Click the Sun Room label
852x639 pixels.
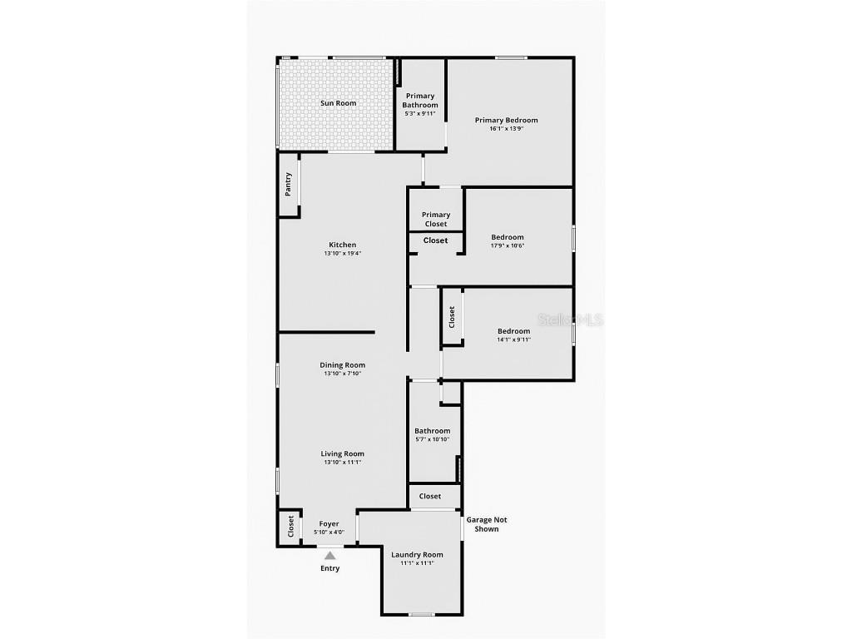338,103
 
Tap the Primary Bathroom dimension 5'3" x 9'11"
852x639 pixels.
420,114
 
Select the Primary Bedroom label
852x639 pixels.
507,120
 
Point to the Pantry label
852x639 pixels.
289,184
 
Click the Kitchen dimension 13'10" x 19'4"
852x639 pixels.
343,253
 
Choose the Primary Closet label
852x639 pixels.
436,219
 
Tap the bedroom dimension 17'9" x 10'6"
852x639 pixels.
508,245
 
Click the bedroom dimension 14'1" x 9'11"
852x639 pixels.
514,339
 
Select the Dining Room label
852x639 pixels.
342,365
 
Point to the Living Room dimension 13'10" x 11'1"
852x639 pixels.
343,463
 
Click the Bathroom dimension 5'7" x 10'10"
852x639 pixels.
433,439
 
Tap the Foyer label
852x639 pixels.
329,524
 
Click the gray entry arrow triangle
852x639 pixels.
329,555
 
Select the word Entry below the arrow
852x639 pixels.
329,568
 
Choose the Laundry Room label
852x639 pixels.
418,555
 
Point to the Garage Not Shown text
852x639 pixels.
486,524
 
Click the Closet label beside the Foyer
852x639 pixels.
290,526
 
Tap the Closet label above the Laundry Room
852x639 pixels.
430,496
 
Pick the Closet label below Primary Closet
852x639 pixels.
436,240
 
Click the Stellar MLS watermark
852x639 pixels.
571,319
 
